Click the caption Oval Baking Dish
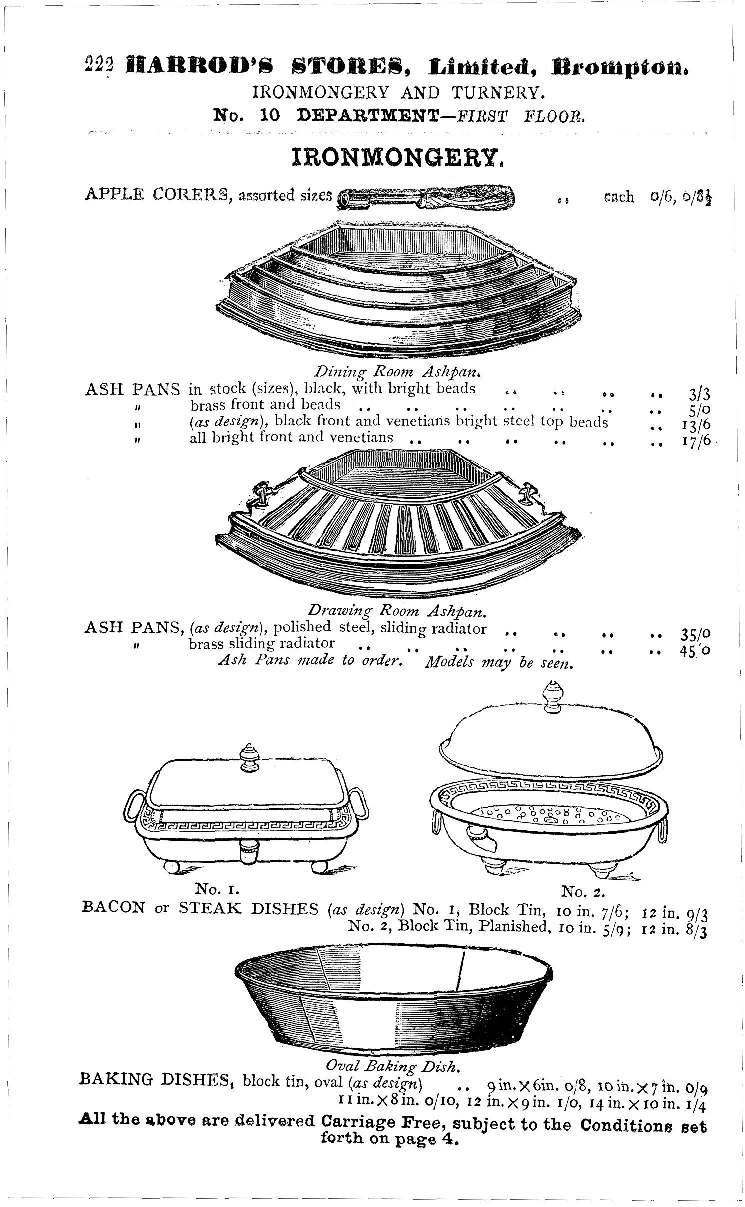click(392, 1066)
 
